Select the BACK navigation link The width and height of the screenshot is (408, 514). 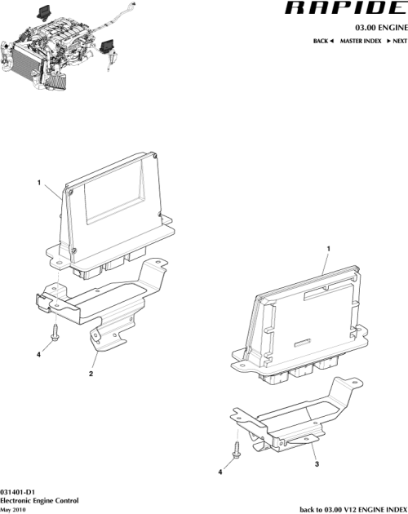323,40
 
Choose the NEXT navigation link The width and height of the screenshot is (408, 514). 396,40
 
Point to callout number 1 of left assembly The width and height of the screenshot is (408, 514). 38,184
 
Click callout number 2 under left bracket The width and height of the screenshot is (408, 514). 91,374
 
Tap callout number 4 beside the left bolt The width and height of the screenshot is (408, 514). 38,353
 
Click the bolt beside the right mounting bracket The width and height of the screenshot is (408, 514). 236,448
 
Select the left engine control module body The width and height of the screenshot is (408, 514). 114,208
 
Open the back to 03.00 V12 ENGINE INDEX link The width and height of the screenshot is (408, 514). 353,508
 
